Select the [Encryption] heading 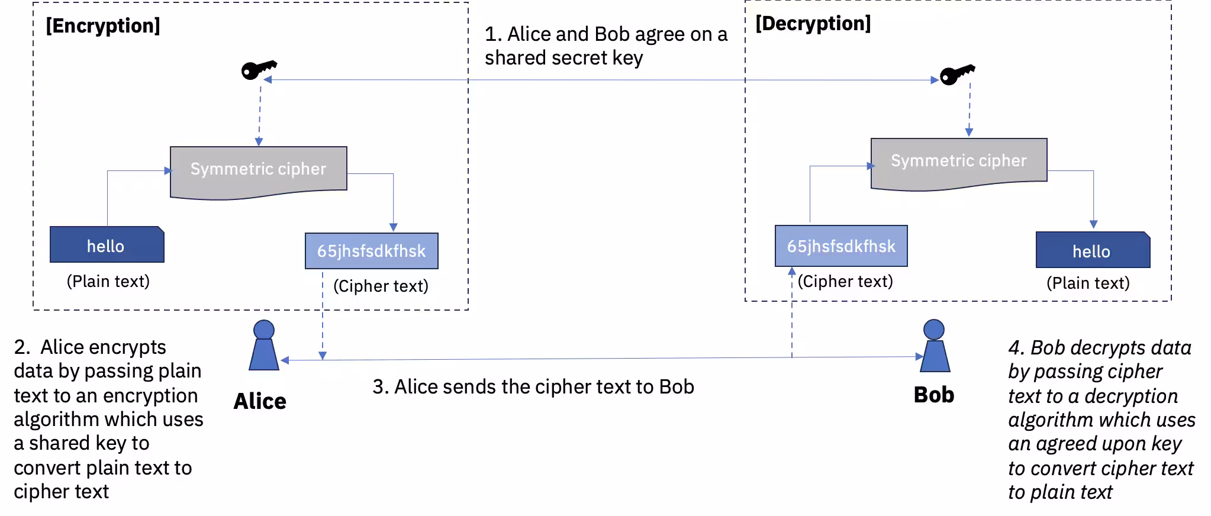[x=103, y=26]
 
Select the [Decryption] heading [x=813, y=24]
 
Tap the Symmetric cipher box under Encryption [x=258, y=170]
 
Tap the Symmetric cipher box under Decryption [x=958, y=162]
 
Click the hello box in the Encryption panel [x=107, y=246]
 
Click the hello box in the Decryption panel [x=1092, y=251]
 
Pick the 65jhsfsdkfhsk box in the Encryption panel [x=371, y=251]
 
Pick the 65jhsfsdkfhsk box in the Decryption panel [x=840, y=246]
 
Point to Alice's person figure [x=263, y=347]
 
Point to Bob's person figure [x=934, y=347]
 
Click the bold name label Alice [x=260, y=401]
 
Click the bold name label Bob [x=933, y=395]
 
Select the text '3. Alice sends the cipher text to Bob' [x=533, y=387]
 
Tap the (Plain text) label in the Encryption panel [x=108, y=281]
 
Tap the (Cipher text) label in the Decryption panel [x=845, y=281]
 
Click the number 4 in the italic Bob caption [x=1014, y=348]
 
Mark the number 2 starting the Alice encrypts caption [x=19, y=347]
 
